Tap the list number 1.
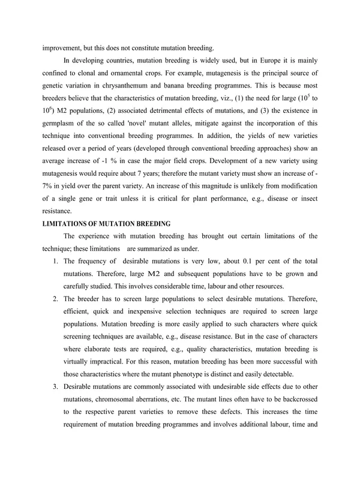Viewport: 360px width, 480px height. tap(55, 261)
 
